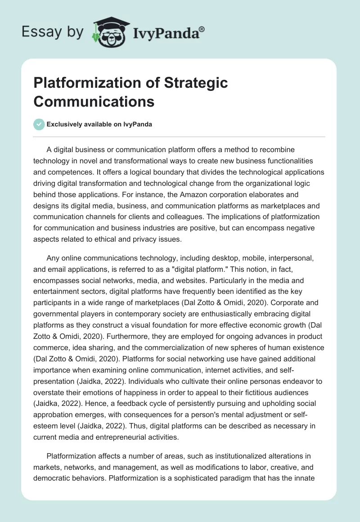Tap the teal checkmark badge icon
(x=39, y=124)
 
